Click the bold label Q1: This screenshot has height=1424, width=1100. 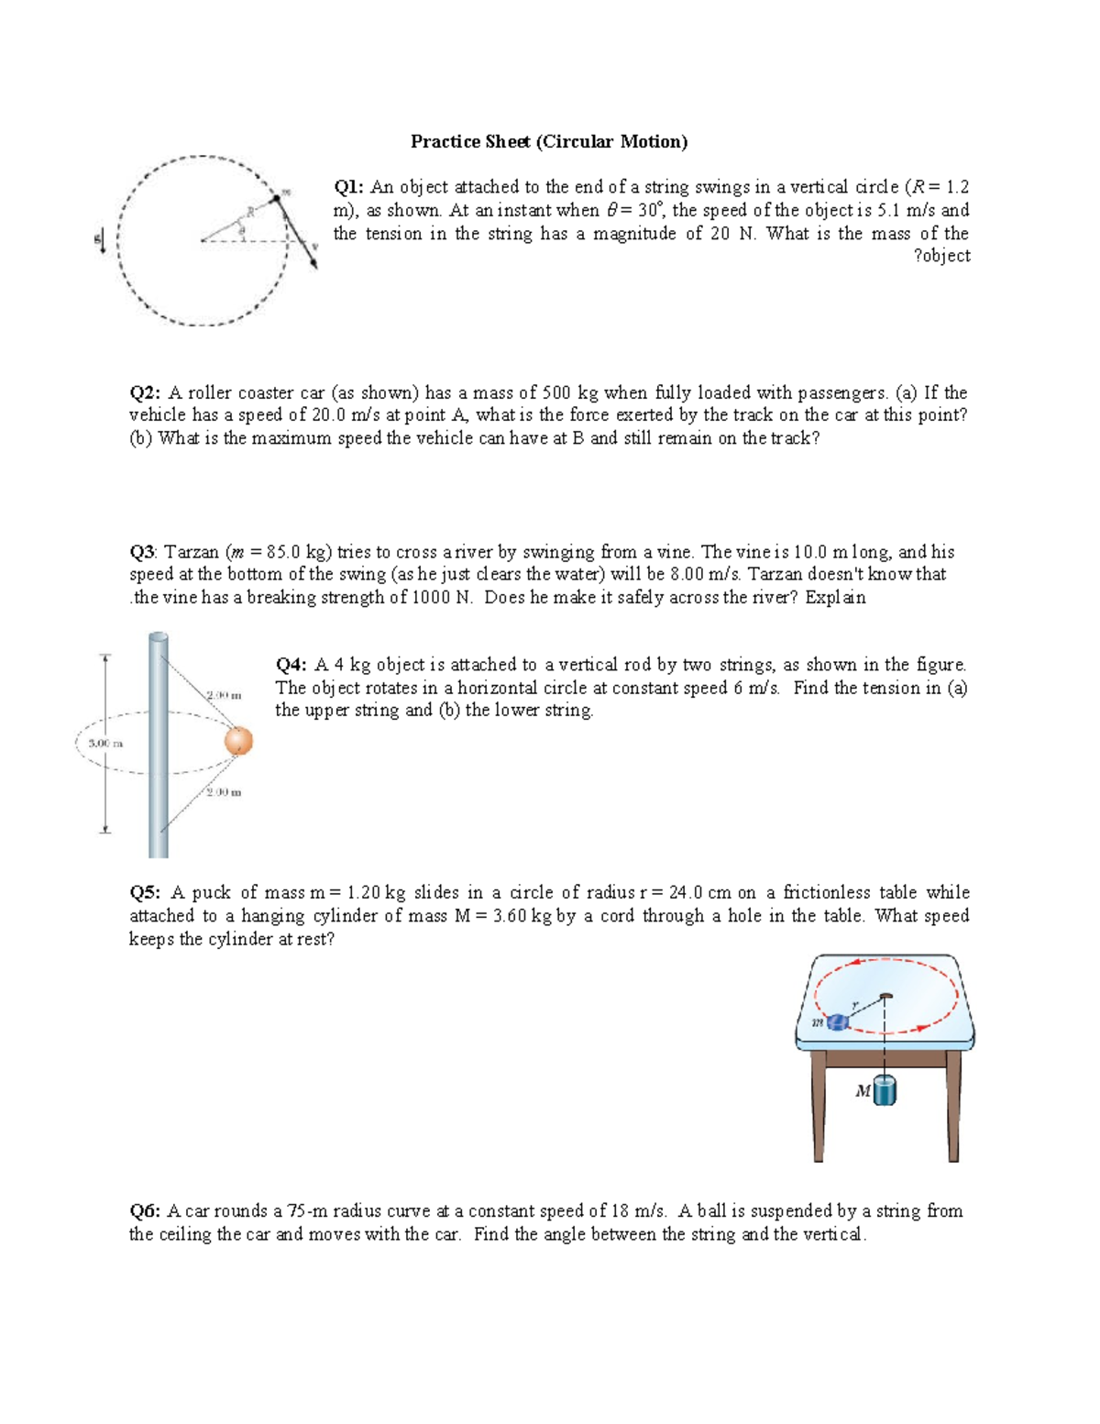tap(348, 187)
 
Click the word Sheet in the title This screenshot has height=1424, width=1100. tap(509, 141)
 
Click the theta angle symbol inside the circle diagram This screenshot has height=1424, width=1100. tap(241, 231)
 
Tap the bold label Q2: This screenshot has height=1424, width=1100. tap(145, 392)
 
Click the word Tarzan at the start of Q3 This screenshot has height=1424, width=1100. tap(192, 552)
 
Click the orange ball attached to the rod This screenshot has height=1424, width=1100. tap(238, 741)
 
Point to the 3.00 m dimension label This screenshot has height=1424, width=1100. tap(105, 743)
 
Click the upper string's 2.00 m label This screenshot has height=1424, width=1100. tap(225, 695)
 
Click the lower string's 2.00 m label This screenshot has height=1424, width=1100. tap(224, 792)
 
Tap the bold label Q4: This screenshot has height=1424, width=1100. tap(291, 665)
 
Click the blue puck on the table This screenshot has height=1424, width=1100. tap(836, 1022)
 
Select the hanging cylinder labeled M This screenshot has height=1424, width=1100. tap(885, 1091)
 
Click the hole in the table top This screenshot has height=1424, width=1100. tap(885, 996)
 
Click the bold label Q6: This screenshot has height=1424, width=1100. tap(145, 1211)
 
